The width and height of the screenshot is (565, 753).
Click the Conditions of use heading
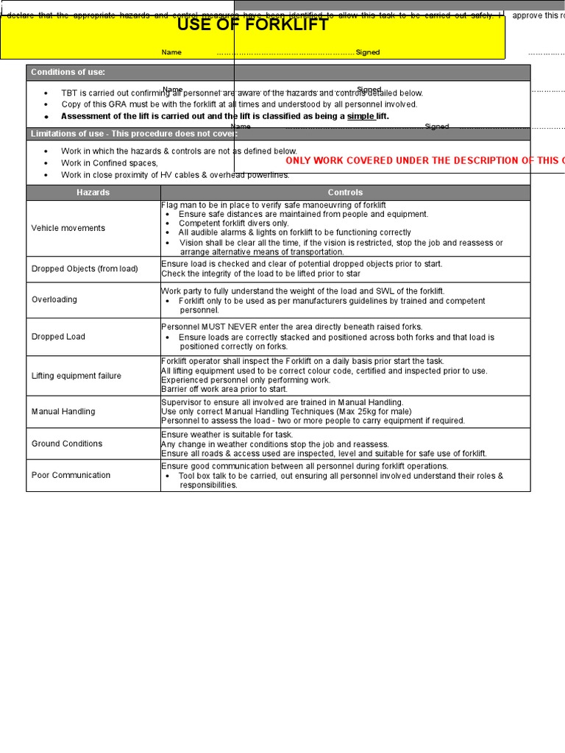click(68, 72)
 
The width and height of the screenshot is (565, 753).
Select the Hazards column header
click(93, 193)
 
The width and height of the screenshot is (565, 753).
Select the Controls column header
click(345, 193)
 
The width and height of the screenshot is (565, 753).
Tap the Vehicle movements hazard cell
click(68, 228)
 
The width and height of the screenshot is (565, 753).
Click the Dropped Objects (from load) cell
click(85, 269)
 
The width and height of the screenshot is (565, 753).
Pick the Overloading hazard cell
click(54, 300)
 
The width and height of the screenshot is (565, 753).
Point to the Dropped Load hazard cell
click(58, 337)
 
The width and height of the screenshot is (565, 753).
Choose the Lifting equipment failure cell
click(77, 376)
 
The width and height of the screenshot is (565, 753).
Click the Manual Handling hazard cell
click(63, 412)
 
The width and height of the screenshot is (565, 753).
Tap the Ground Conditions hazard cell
click(67, 443)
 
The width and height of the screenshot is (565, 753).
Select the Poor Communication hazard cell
click(71, 475)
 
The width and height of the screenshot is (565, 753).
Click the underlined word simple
click(360, 116)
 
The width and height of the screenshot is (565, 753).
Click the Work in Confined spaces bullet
click(110, 163)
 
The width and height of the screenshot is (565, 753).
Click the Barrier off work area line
click(224, 389)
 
